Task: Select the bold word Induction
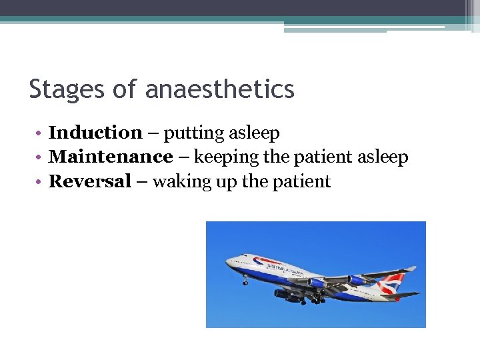tap(95, 133)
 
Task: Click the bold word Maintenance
tap(111, 157)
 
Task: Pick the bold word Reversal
tap(90, 181)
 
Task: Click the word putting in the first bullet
tap(190, 133)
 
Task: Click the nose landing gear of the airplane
tap(245, 281)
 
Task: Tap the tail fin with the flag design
tap(394, 283)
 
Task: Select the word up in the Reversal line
tap(221, 182)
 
